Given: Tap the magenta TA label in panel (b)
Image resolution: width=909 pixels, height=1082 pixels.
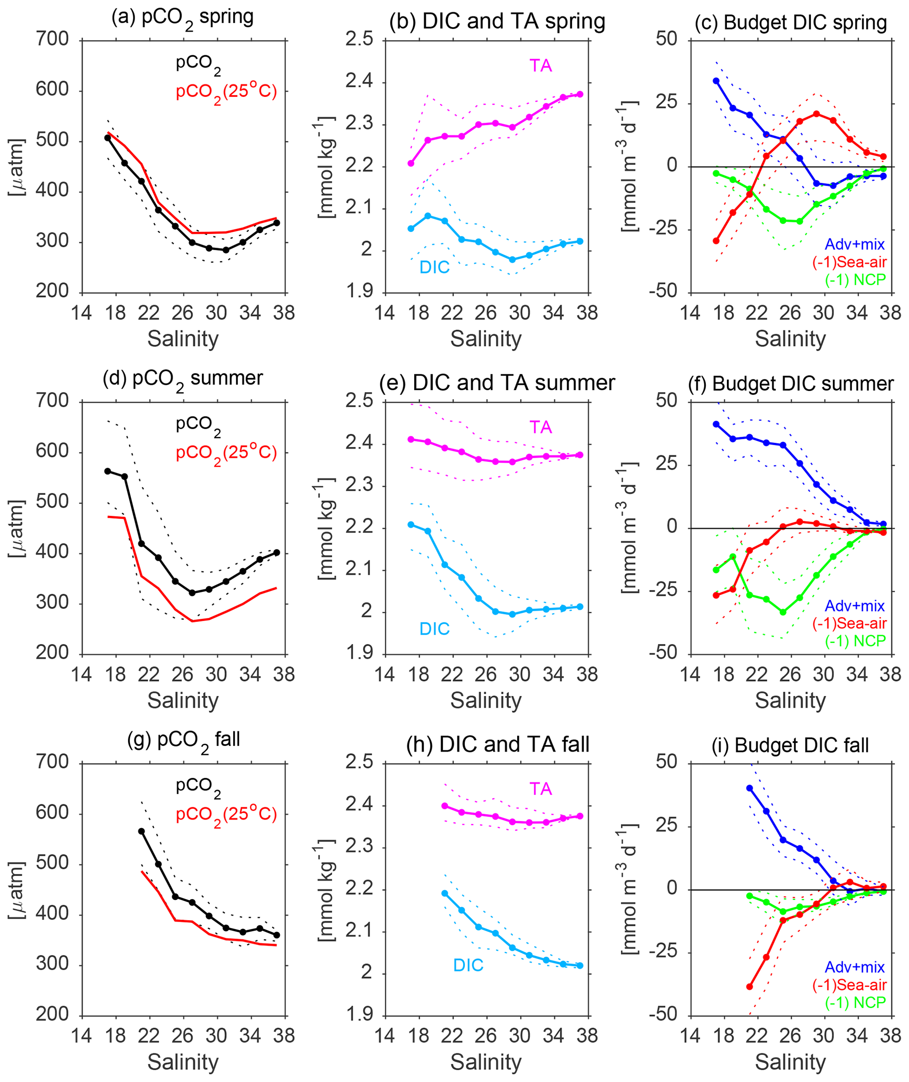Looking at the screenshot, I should tap(540, 66).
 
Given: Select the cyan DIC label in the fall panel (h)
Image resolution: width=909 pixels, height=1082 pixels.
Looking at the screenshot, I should tap(468, 965).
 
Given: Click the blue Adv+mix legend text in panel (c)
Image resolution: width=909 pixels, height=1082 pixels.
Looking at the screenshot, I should tap(854, 245).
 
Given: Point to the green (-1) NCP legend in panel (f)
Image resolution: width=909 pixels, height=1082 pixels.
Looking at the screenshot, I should tap(855, 641).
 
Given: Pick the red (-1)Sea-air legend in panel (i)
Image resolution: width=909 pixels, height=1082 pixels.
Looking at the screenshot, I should tap(849, 985).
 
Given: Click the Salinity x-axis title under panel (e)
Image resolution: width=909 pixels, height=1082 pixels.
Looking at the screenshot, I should tap(486, 701).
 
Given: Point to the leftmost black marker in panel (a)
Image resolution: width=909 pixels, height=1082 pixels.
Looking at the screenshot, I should tap(108, 138).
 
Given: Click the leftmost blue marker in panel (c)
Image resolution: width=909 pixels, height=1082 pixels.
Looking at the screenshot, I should tap(716, 81).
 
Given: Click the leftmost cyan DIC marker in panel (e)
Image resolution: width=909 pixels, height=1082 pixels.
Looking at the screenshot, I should tap(411, 525).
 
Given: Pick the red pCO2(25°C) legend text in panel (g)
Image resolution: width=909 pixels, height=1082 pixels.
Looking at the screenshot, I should tap(226, 815).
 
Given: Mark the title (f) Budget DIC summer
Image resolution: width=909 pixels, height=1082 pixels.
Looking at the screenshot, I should tap(790, 384).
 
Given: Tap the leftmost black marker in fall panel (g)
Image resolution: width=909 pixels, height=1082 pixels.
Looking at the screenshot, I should tap(141, 831).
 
